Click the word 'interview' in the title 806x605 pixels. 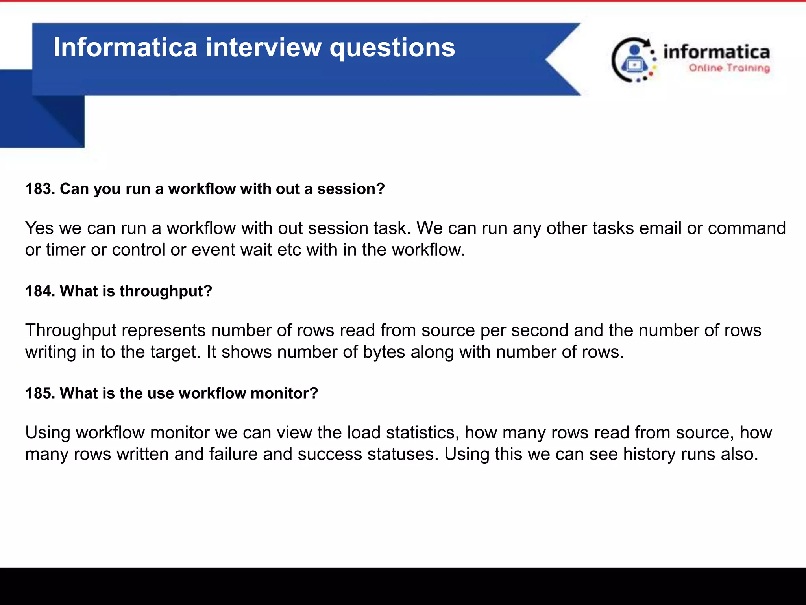pos(263,47)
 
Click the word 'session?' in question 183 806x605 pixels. pos(351,189)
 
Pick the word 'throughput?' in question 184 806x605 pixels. pos(166,291)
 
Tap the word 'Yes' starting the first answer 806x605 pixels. pos(39,228)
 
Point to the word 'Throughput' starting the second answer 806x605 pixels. pos(71,331)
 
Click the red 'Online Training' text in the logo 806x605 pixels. pos(729,68)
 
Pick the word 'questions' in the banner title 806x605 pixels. pos(392,48)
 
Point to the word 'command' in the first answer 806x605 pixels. pos(747,228)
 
